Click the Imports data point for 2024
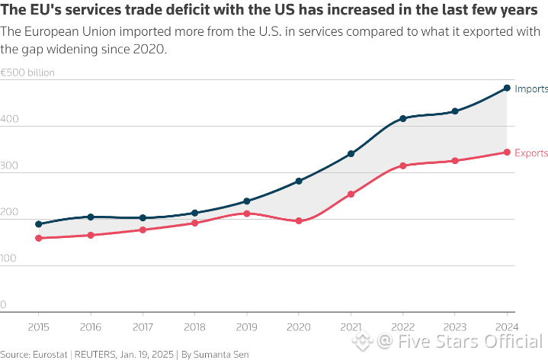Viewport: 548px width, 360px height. point(507,88)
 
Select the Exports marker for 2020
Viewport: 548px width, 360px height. point(299,221)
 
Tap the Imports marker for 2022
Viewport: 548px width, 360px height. point(402,119)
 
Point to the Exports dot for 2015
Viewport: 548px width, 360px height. point(39,238)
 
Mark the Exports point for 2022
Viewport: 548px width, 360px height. point(402,166)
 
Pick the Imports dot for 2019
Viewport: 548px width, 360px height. point(247,201)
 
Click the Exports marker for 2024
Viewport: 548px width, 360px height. point(507,153)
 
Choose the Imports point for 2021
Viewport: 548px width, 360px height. point(351,154)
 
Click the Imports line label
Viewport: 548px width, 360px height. point(531,89)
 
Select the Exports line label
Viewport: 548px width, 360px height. point(531,153)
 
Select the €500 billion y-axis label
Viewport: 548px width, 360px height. point(27,73)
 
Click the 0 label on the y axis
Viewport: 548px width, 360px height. point(4,305)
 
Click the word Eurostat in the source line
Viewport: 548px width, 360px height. point(50,354)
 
